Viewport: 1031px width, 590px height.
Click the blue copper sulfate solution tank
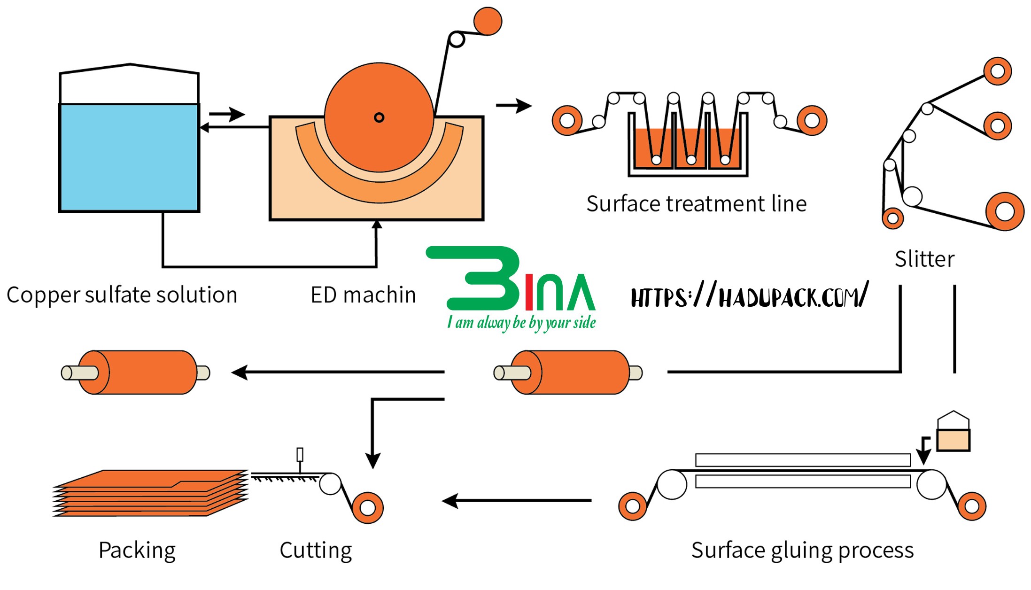tap(129, 157)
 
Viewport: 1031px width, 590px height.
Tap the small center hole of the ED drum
tap(379, 117)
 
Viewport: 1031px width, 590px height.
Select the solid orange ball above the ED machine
tap(488, 21)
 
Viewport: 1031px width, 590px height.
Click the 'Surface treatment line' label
tap(696, 204)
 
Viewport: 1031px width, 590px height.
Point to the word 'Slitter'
tap(924, 259)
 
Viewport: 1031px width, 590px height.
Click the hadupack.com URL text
tap(749, 296)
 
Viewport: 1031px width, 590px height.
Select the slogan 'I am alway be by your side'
tap(521, 323)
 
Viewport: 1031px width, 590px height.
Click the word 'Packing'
tap(137, 550)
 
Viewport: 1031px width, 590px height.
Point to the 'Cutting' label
tap(316, 550)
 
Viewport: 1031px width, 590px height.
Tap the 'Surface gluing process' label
tap(802, 550)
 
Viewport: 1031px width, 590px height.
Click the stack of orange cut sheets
tap(150, 493)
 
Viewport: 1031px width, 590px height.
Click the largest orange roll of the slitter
tap(1005, 211)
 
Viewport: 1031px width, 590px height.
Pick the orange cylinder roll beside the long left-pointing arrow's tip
tap(136, 373)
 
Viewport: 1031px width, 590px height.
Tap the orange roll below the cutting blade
tap(368, 507)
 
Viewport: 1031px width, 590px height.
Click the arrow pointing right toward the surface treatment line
tap(514, 106)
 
